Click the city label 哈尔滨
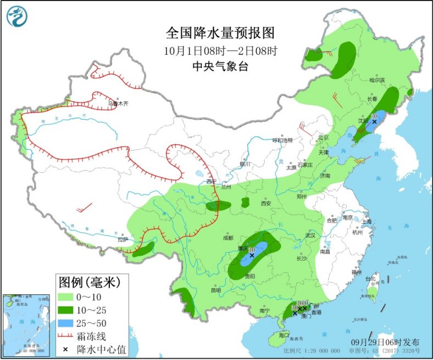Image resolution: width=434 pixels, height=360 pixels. click(x=377, y=80)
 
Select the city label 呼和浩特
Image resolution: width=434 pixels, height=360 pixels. click(x=283, y=140)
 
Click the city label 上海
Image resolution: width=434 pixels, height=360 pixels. click(x=366, y=221)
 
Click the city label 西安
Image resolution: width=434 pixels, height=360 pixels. click(x=266, y=203)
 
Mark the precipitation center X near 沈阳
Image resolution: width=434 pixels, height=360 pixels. click(x=374, y=122)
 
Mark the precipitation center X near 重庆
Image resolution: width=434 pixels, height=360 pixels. click(x=252, y=255)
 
